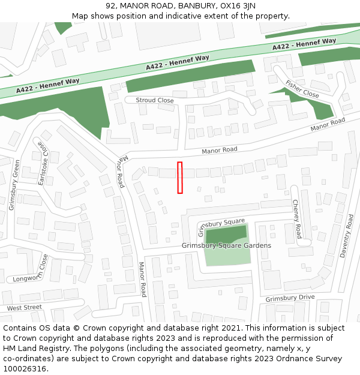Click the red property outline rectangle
(179, 178)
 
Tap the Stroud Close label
(154, 100)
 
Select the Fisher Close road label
(302, 89)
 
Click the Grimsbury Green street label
(14, 185)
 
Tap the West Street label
(25, 308)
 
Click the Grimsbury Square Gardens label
(226, 245)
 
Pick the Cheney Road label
(296, 219)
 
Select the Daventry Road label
(347, 236)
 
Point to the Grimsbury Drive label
(290, 298)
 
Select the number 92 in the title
(110, 6)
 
